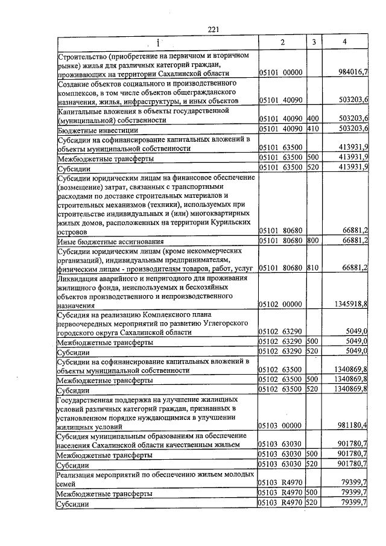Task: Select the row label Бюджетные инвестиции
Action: point(98,130)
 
